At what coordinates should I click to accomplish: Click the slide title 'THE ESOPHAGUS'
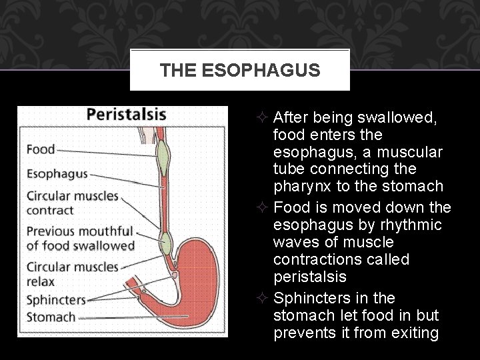pos(240,69)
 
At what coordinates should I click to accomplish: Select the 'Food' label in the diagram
pos(41,149)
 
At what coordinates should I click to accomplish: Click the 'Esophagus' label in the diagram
pos(57,174)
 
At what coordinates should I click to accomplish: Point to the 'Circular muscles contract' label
pos(72,203)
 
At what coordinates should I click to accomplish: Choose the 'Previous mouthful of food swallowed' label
pos(80,238)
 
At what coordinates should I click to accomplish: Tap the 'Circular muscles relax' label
pos(72,273)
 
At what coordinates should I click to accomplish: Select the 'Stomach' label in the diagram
pos(51,317)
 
